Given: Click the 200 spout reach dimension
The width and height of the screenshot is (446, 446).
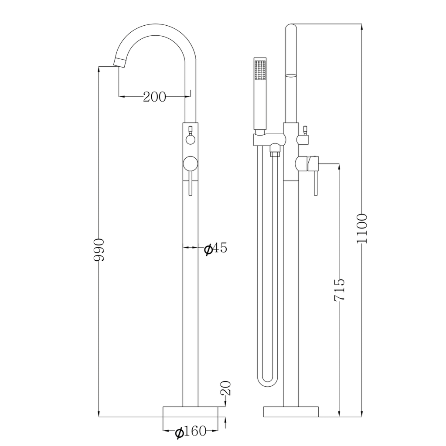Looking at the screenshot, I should coord(154,97).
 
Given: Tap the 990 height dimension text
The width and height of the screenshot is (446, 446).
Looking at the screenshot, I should coord(99,249).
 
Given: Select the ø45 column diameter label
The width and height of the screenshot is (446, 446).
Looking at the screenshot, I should coord(216,249).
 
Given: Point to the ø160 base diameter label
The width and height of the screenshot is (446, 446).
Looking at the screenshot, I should coord(190,432).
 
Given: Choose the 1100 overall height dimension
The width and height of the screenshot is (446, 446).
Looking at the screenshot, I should coord(362,228).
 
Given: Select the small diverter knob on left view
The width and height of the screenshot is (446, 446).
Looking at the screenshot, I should coord(190,140).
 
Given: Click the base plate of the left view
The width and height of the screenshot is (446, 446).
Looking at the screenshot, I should coord(190,412).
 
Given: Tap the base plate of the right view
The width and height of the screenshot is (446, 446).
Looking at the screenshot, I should coord(291,412).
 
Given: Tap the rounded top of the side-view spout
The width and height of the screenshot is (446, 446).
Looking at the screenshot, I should coord(291,27).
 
